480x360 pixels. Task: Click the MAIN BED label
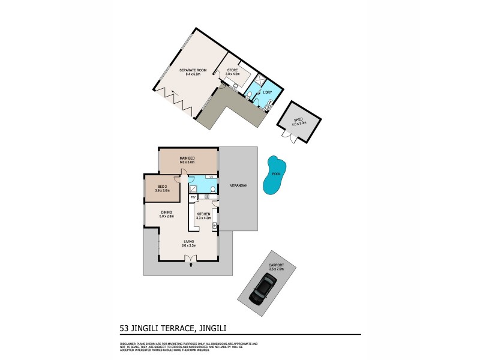(187, 158)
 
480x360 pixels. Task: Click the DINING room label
(167, 212)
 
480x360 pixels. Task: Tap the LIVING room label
(189, 241)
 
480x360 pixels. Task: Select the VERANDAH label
(239, 186)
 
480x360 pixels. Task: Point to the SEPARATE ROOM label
(193, 71)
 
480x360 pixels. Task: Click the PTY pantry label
(193, 197)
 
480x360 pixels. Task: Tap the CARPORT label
(276, 265)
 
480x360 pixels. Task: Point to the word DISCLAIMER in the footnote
(126, 344)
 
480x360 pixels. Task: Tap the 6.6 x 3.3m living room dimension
(189, 245)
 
